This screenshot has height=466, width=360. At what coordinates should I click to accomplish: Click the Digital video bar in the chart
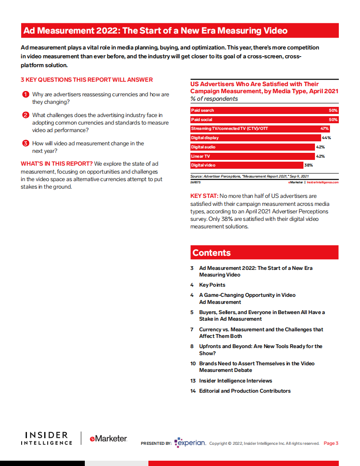click(246, 165)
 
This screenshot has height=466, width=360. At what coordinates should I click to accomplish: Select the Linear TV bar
click(252, 156)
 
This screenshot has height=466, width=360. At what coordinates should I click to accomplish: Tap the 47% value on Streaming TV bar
click(324, 129)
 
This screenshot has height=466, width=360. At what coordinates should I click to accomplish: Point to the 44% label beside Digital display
click(326, 138)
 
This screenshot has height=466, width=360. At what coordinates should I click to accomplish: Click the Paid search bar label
click(202, 110)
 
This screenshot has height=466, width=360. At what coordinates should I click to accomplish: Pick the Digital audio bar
click(252, 147)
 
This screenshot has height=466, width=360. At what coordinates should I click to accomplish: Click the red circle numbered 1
click(26, 95)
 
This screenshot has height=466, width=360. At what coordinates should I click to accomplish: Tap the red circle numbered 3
click(26, 143)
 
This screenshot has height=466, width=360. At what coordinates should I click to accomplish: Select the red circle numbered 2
click(26, 115)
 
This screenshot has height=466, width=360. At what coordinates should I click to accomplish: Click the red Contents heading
click(212, 253)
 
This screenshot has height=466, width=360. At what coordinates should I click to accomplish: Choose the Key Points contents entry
click(212, 285)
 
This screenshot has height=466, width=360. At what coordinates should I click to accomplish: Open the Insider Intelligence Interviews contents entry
click(235, 381)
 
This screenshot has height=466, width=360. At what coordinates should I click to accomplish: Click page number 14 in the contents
click(193, 391)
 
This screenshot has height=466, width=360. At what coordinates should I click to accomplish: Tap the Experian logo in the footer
click(190, 443)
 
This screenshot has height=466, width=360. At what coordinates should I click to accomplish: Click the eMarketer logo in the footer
click(108, 439)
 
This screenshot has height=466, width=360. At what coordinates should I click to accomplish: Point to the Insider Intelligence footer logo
click(46, 439)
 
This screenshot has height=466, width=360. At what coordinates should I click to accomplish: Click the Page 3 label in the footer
click(331, 443)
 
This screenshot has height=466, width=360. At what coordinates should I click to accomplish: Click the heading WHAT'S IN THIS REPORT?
click(57, 163)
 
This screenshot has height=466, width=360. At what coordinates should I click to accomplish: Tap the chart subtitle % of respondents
click(214, 99)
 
